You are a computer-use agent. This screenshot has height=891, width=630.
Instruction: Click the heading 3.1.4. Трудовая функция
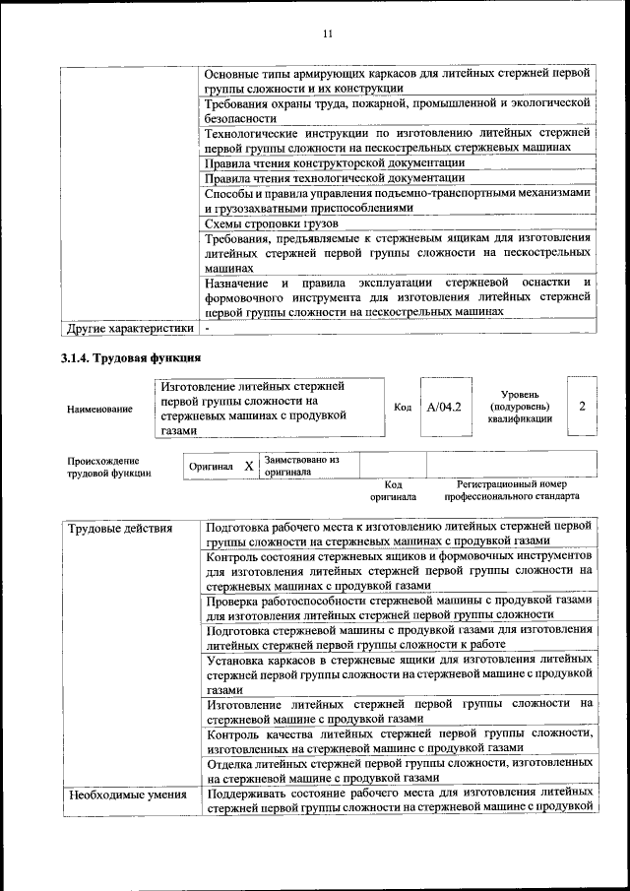(x=132, y=357)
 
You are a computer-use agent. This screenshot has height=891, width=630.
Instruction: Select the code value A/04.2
(x=444, y=407)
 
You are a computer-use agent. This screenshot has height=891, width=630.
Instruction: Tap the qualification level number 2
(x=583, y=406)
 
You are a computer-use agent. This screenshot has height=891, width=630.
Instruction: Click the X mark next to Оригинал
(x=248, y=465)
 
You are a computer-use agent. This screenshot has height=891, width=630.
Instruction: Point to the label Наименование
(x=99, y=409)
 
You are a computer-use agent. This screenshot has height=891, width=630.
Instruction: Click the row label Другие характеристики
(x=128, y=327)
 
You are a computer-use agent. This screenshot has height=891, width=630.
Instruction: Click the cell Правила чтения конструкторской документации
(x=335, y=162)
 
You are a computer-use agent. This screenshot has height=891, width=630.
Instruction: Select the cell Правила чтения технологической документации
(x=335, y=178)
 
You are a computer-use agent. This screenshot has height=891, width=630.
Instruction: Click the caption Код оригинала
(x=393, y=490)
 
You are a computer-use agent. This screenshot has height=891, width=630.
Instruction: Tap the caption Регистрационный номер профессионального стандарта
(x=511, y=490)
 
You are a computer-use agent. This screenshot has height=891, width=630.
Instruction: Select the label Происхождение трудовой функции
(x=108, y=466)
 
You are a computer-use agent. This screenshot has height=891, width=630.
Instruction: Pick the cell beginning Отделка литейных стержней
(x=399, y=770)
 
